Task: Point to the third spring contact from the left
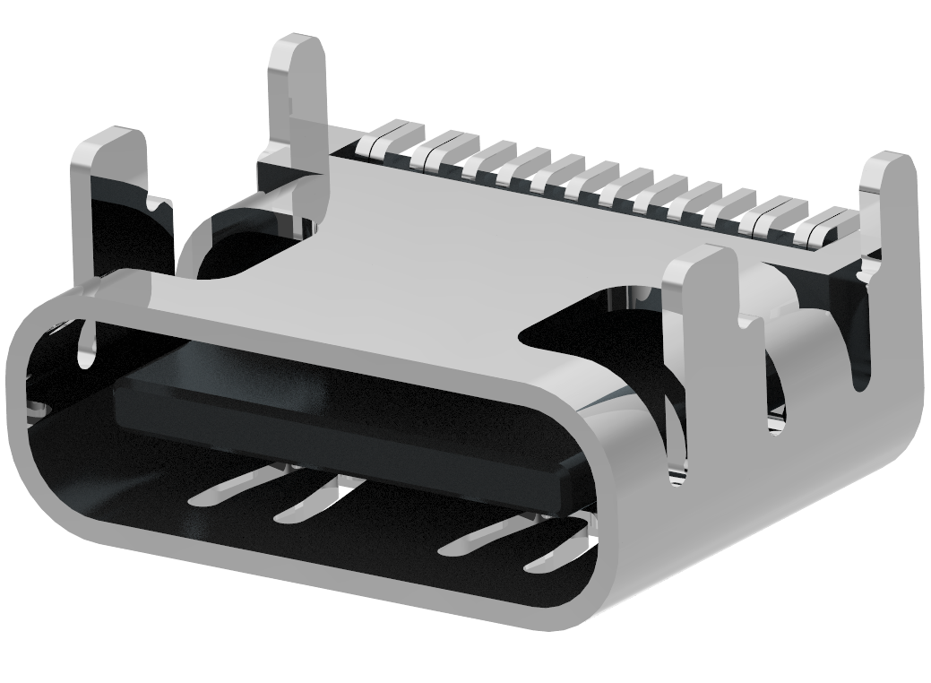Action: point(475,539)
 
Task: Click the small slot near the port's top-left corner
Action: point(86,345)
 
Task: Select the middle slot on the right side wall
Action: point(775,394)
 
